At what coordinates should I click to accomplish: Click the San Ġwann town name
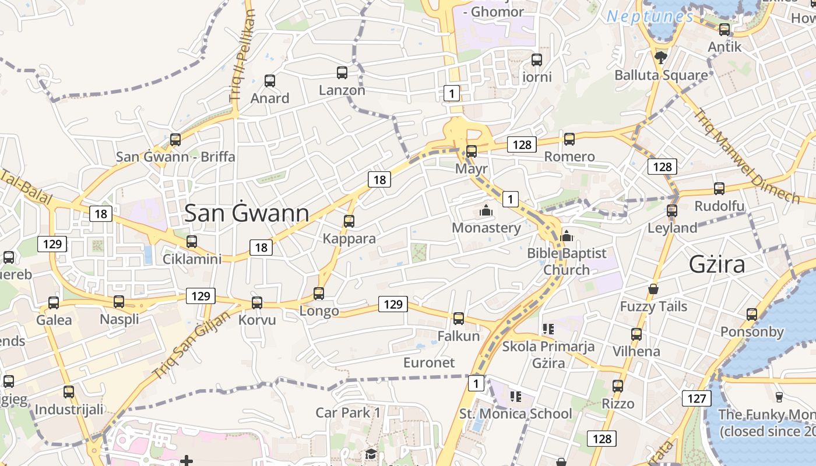click(247, 214)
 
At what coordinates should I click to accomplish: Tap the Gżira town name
click(717, 264)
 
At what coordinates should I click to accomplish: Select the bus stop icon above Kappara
click(349, 221)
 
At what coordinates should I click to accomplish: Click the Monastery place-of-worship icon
click(486, 210)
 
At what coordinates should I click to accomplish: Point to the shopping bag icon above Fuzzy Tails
click(653, 289)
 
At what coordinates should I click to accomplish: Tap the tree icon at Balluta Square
click(660, 57)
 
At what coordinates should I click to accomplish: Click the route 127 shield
click(696, 398)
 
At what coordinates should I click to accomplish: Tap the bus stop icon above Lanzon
click(342, 73)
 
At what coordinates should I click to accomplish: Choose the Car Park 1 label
click(348, 413)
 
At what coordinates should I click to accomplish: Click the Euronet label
click(429, 362)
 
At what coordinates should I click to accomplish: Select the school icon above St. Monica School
click(515, 397)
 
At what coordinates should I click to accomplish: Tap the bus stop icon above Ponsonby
click(752, 315)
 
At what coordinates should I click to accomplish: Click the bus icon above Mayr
click(472, 151)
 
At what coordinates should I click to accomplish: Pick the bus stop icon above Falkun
click(459, 318)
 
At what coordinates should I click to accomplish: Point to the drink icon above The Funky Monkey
click(779, 397)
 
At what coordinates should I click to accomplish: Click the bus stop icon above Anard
click(269, 80)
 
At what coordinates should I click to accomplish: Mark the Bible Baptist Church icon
click(567, 236)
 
